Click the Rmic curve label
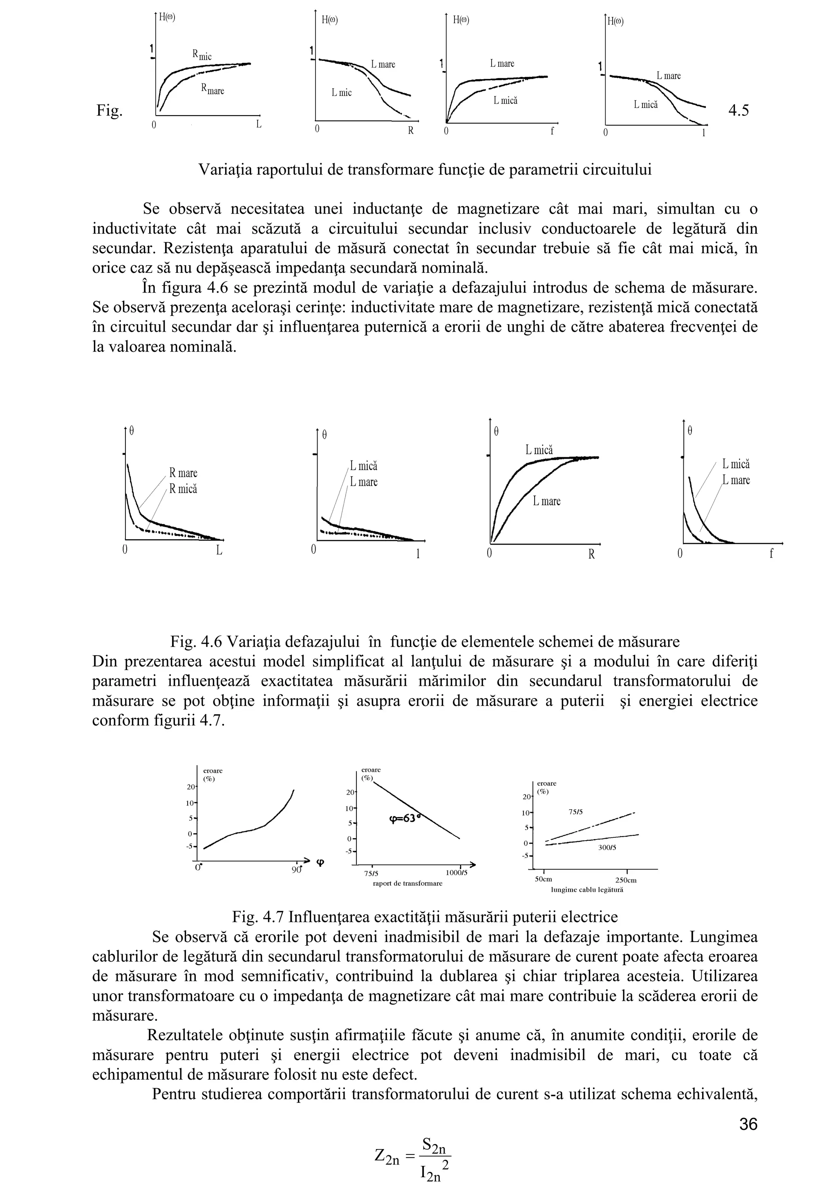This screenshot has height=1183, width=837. click(x=201, y=55)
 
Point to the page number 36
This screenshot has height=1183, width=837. click(x=748, y=1124)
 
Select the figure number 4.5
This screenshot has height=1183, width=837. click(x=739, y=110)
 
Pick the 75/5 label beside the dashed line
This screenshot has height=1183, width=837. click(x=575, y=812)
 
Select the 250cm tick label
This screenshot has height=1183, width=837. click(x=626, y=881)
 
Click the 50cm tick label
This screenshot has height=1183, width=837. click(x=544, y=879)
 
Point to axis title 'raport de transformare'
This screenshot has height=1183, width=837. click(x=407, y=884)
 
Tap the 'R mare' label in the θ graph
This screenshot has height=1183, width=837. click(x=183, y=473)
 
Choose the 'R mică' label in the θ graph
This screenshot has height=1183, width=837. click(x=183, y=489)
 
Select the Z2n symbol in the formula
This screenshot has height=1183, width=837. click(x=387, y=1157)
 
